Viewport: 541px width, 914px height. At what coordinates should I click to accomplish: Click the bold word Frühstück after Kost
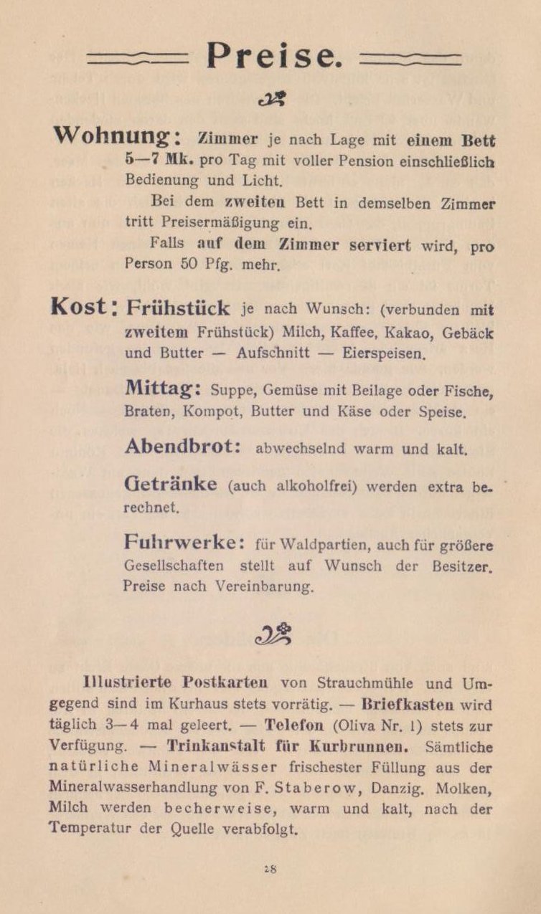click(178, 308)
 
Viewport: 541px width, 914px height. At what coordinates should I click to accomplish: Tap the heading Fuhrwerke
click(184, 541)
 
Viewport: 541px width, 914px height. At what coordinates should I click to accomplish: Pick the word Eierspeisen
click(387, 353)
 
